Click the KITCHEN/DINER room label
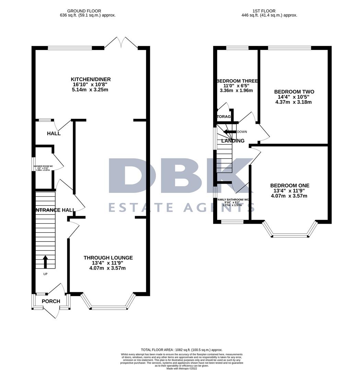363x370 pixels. pyautogui.click(x=89, y=79)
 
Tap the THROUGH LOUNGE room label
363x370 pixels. pyautogui.click(x=108, y=258)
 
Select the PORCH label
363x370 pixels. pyautogui.click(x=51, y=301)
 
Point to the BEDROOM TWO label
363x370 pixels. pyautogui.click(x=294, y=92)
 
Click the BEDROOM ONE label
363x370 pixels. pyautogui.click(x=290, y=186)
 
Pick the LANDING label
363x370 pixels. pyautogui.click(x=233, y=141)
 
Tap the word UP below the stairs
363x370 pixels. pyautogui.click(x=45, y=274)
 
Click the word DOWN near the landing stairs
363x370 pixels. pyautogui.click(x=242, y=132)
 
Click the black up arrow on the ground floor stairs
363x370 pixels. pyautogui.click(x=45, y=262)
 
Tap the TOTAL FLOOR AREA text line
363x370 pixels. pyautogui.click(x=181, y=350)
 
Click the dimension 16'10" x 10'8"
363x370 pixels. pyautogui.click(x=89, y=85)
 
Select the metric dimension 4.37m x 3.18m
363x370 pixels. pyautogui.click(x=294, y=102)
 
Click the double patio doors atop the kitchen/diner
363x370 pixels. pyautogui.click(x=121, y=42)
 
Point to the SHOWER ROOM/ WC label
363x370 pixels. pyautogui.click(x=43, y=167)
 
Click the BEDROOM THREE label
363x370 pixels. pyautogui.click(x=237, y=81)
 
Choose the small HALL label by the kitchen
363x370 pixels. pyautogui.click(x=54, y=133)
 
